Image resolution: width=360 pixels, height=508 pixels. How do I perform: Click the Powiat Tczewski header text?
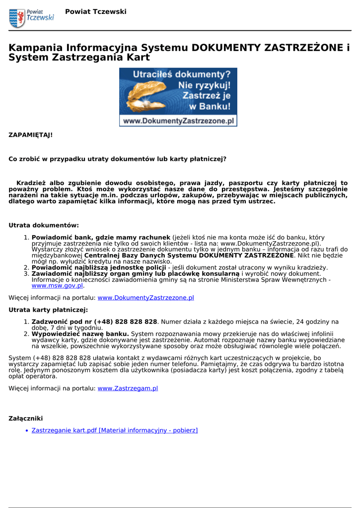pos(95,11)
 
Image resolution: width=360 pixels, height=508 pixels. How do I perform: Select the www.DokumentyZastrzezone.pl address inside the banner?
pos(178,121)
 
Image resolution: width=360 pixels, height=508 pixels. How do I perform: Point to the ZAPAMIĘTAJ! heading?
pos(30,134)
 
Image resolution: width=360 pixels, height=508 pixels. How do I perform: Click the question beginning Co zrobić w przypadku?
pos(117,159)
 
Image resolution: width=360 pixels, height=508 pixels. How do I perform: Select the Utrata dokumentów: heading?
pos(44,225)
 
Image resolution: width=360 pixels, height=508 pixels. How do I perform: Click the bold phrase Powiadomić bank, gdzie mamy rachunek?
pos(101,238)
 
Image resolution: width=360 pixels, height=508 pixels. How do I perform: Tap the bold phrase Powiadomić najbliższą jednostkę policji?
pos(99,267)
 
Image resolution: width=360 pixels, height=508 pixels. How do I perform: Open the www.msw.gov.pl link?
pos(57,286)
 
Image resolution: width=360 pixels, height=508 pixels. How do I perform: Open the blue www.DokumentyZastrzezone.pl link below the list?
pos(145,298)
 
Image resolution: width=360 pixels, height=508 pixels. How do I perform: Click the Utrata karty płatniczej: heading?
pos(48,310)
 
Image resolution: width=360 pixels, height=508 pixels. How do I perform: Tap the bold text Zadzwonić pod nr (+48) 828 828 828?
pos(94,322)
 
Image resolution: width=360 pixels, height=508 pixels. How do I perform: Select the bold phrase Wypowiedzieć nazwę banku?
pos(80,334)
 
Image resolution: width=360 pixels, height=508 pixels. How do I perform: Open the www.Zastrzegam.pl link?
pos(128,388)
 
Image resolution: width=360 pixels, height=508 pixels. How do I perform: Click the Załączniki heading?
pos(26,418)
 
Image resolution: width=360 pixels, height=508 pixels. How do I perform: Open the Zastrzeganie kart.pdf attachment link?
pos(114,430)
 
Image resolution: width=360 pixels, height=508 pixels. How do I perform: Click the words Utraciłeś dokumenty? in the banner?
pos(181,75)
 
